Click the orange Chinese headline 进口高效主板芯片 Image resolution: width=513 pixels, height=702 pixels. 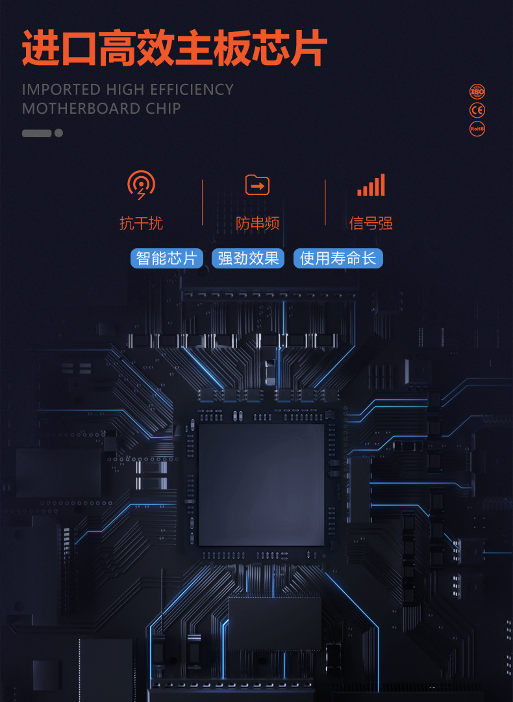(x=174, y=47)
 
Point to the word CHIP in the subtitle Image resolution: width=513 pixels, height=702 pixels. (x=163, y=109)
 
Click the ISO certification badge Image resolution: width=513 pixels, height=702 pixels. (x=477, y=91)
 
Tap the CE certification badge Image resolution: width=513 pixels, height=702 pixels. (x=477, y=110)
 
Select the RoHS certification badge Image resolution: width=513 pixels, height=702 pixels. (x=477, y=129)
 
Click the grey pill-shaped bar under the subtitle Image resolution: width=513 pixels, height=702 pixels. (x=36, y=133)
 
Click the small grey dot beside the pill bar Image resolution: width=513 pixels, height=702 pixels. (x=58, y=133)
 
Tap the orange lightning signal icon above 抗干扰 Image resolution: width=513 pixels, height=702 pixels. (x=141, y=185)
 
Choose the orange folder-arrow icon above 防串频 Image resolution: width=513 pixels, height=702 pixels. (x=257, y=185)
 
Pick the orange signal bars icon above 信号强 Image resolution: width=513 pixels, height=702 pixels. (x=371, y=185)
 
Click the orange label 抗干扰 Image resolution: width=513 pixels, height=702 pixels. (x=141, y=224)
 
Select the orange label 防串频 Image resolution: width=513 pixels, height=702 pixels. (x=257, y=224)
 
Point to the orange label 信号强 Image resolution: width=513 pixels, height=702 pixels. (x=371, y=224)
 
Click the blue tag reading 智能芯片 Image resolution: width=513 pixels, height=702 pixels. (x=167, y=258)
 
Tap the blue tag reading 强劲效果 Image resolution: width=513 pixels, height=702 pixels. (x=248, y=258)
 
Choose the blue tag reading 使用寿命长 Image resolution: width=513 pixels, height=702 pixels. (x=338, y=258)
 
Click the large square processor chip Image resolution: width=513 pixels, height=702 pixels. (x=261, y=484)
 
